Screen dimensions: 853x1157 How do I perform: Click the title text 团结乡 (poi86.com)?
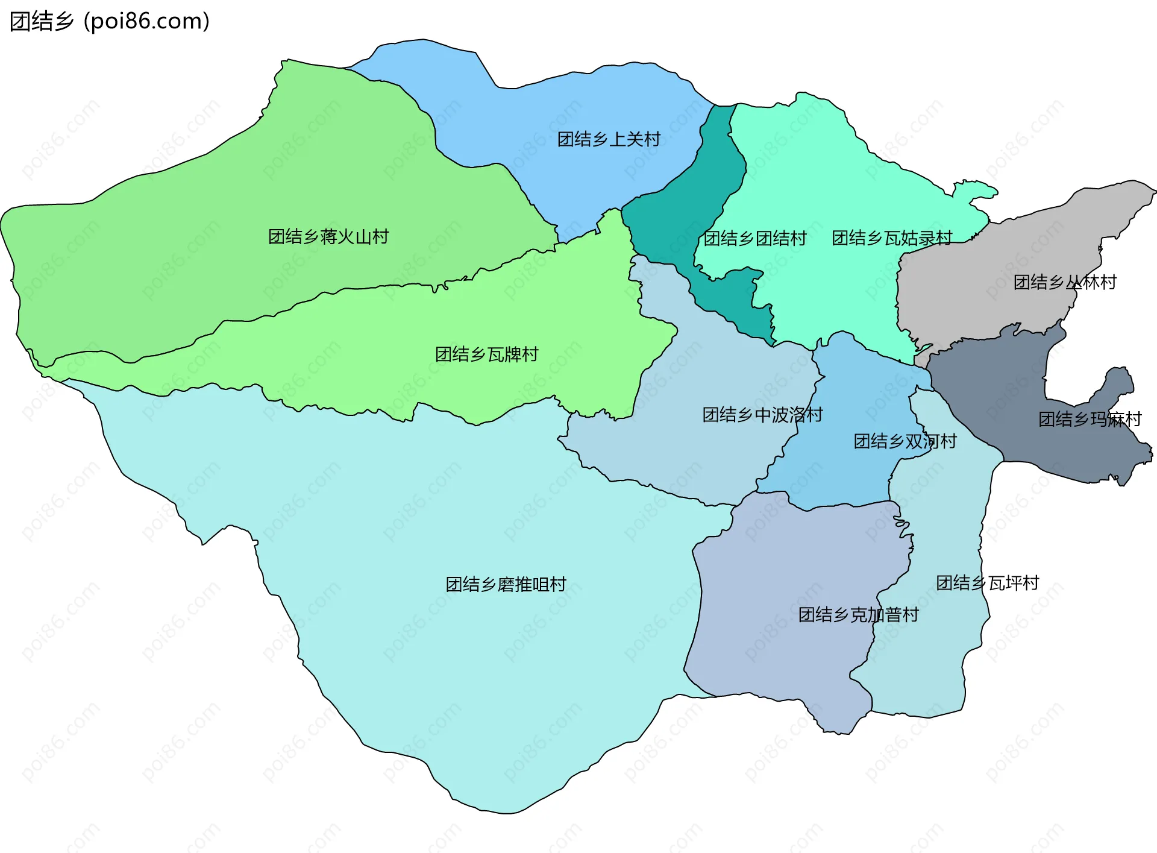point(110,21)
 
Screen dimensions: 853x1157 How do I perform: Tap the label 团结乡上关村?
point(609,139)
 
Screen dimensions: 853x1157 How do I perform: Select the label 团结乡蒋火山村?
point(328,236)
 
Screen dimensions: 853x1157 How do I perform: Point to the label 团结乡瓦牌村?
point(486,354)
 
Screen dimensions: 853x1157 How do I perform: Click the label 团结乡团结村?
point(754,238)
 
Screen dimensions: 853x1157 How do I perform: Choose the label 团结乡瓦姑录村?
point(892,238)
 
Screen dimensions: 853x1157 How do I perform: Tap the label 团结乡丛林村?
point(1064,282)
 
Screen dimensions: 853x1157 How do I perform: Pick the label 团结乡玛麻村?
point(1090,419)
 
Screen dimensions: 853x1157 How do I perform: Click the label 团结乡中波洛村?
point(762,415)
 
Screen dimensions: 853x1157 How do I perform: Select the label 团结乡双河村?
point(905,441)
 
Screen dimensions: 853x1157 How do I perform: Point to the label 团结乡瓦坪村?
point(987,582)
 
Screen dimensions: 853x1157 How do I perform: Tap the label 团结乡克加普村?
point(858,614)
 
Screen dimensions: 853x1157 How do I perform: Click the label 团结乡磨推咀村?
point(506,584)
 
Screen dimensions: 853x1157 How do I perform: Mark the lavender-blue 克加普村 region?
point(783,573)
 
